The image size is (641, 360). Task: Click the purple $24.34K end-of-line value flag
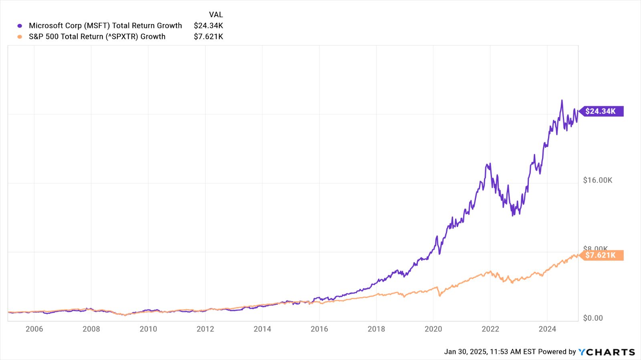[601, 111]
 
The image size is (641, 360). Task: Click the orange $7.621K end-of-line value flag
[601, 255]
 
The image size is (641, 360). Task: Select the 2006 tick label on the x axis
[34, 329]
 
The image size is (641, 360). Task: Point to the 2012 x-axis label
[205, 329]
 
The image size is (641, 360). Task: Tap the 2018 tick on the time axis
[376, 329]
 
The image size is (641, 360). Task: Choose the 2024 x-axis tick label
[547, 329]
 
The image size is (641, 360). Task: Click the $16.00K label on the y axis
[597, 180]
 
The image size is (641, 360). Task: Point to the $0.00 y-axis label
[593, 318]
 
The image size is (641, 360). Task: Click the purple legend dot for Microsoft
[20, 26]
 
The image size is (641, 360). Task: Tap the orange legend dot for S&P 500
[20, 37]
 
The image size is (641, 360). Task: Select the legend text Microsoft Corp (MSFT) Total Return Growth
[105, 26]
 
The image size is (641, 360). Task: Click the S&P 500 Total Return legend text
[97, 36]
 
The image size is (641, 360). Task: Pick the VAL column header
[216, 14]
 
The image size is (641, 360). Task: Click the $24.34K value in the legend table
[208, 26]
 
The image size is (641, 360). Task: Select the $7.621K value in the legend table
[208, 36]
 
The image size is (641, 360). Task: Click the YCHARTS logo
[607, 352]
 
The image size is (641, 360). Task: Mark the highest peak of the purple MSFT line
[562, 101]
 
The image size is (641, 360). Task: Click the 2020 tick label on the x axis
[433, 329]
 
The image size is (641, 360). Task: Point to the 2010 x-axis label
[148, 329]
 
